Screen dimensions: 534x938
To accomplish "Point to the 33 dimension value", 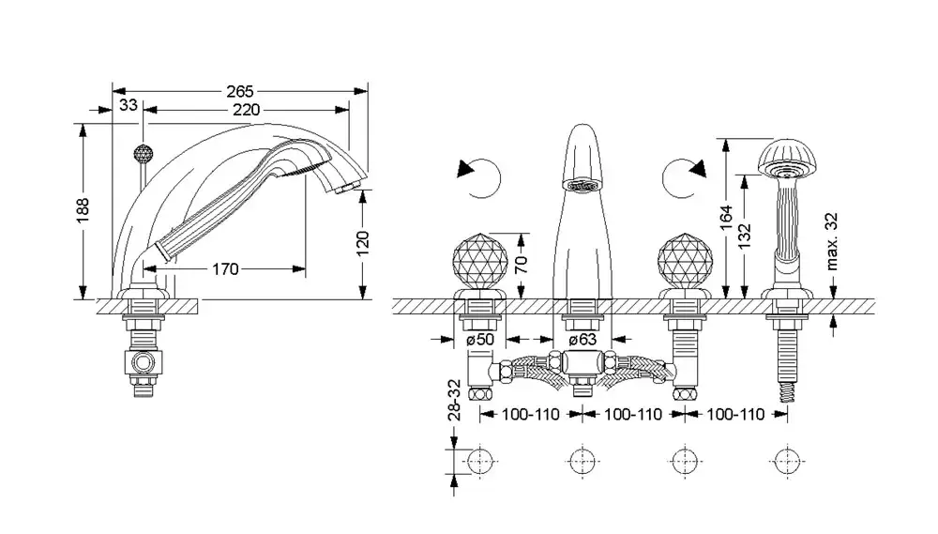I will (x=129, y=105).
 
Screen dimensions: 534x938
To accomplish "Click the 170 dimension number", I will (x=224, y=269).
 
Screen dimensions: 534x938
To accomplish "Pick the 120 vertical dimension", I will (x=364, y=242).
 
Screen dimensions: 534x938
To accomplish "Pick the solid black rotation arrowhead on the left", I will (x=466, y=170).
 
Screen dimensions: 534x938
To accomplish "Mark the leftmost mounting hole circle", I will (x=479, y=462).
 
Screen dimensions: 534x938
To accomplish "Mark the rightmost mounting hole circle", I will (x=786, y=462).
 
